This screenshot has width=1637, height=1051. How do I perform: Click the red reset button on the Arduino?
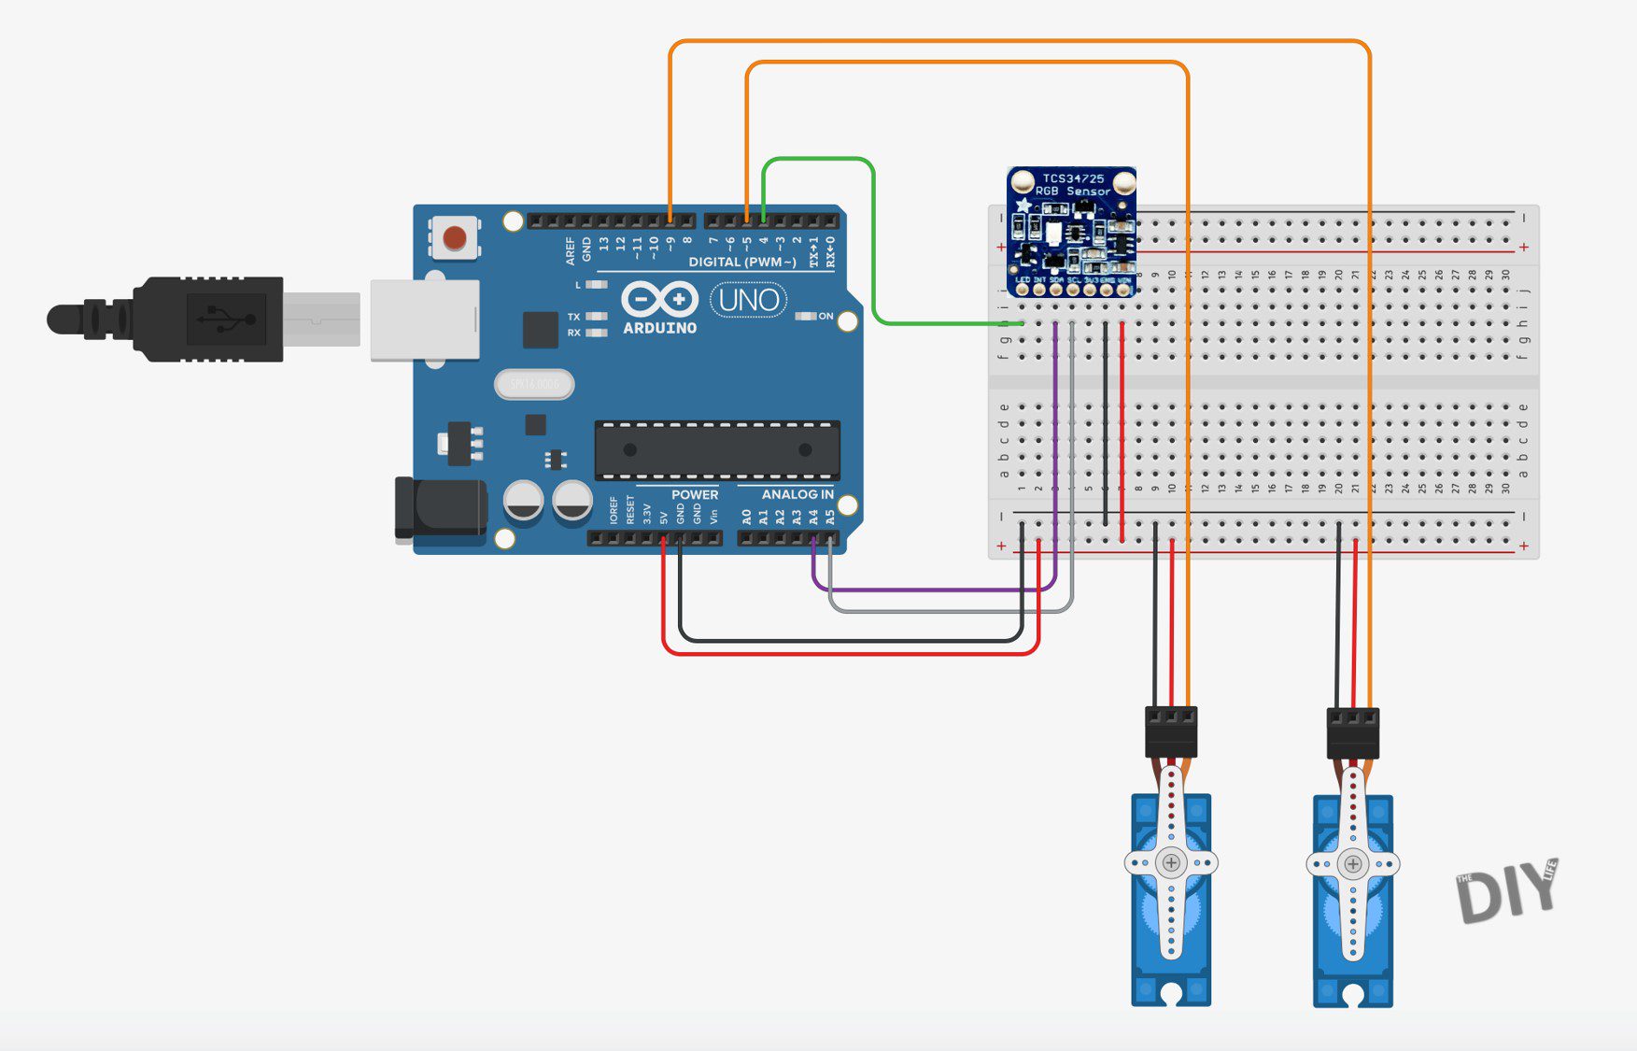click(455, 237)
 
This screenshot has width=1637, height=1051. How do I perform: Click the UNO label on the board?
click(749, 300)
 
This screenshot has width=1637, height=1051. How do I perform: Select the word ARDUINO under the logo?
click(659, 329)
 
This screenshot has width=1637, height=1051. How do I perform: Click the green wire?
click(873, 243)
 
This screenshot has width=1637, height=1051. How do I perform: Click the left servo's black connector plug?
click(1171, 731)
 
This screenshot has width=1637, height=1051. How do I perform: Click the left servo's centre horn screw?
click(1171, 863)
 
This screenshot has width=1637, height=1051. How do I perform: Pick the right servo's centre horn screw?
click(1353, 864)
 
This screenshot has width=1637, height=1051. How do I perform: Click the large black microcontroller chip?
click(717, 449)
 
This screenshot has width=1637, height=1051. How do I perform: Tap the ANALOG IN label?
click(797, 494)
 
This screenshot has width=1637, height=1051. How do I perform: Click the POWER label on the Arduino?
click(695, 494)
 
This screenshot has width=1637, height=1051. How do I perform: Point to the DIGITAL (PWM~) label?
click(742, 263)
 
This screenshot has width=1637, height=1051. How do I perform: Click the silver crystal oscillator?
click(534, 384)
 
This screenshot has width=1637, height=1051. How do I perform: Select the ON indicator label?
click(826, 316)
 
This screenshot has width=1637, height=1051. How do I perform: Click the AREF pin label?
click(570, 249)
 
